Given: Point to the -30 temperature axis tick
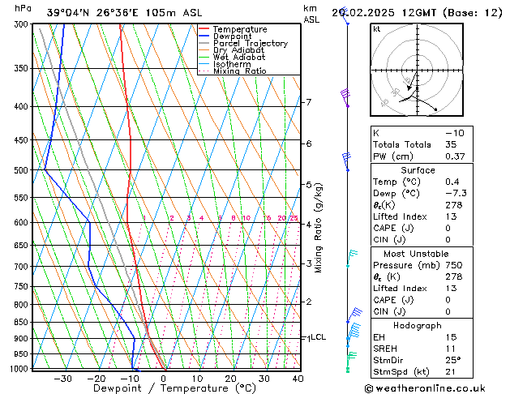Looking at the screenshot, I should (63, 378).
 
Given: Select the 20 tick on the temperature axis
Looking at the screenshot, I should (231, 378).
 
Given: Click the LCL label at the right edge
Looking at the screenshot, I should (318, 337).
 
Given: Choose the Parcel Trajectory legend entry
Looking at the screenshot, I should (250, 44).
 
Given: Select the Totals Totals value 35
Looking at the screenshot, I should (452, 144).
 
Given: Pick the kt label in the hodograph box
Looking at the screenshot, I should (377, 29).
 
